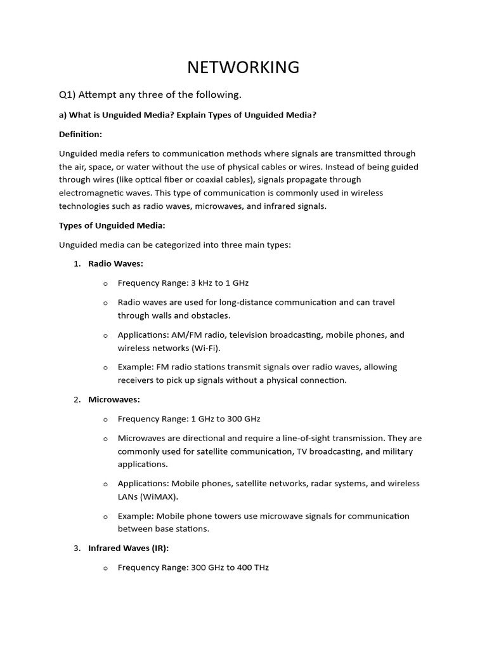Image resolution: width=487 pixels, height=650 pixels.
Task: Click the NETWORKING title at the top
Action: pyautogui.click(x=243, y=67)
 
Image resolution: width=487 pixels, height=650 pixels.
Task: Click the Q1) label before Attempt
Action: pyautogui.click(x=68, y=95)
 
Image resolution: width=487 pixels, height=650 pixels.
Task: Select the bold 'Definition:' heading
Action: pyautogui.click(x=81, y=134)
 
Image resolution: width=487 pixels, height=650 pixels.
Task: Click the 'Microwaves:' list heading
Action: pyautogui.click(x=114, y=399)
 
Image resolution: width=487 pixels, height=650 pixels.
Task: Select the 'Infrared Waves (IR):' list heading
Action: pyautogui.click(x=129, y=548)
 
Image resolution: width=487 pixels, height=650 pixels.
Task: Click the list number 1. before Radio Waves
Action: pyautogui.click(x=77, y=263)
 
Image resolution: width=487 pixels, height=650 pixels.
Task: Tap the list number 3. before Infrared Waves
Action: pyautogui.click(x=77, y=548)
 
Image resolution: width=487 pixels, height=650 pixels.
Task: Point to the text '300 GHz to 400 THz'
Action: pyautogui.click(x=230, y=567)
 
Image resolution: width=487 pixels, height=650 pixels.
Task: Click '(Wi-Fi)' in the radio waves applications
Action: pyautogui.click(x=204, y=348)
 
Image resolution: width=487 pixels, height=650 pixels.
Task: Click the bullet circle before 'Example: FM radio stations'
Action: pyautogui.click(x=106, y=368)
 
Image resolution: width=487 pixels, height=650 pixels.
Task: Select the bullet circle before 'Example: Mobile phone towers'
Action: pyautogui.click(x=106, y=516)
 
